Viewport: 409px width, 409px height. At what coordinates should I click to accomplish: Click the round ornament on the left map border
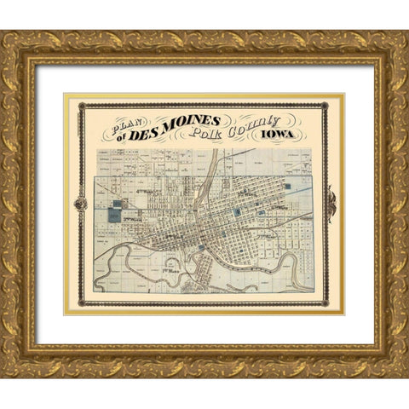pos(81,204)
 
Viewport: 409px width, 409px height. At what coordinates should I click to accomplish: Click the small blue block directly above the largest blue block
pos(114,204)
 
